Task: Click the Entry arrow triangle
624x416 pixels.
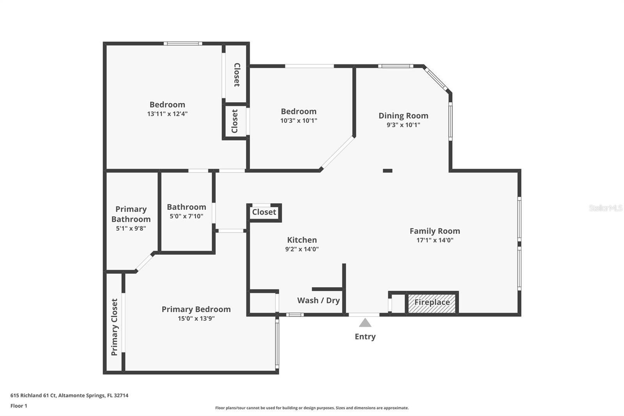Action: (365, 323)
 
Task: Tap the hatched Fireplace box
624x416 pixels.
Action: (432, 303)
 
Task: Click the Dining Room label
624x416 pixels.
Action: (403, 116)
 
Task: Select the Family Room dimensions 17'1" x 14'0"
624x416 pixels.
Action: (435, 240)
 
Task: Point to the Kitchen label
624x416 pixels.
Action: (302, 240)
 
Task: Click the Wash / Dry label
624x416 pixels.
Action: (318, 300)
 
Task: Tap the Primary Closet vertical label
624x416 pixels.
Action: (115, 327)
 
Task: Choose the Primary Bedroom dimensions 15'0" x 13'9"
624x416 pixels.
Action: (196, 318)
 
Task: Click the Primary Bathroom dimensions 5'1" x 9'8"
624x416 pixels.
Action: (131, 228)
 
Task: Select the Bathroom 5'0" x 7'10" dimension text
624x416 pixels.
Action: (186, 216)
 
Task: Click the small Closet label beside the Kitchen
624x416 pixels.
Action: (264, 212)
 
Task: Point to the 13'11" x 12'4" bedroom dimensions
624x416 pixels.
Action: (167, 114)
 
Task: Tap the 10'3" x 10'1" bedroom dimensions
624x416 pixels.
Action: (299, 121)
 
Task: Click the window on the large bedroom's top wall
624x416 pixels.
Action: (183, 43)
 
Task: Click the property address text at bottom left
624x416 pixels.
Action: (69, 395)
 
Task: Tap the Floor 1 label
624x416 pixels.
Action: (19, 406)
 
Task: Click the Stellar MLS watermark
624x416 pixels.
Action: (605, 208)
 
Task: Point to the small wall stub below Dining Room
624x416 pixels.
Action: (388, 171)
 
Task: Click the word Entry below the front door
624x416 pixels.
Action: (365, 336)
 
